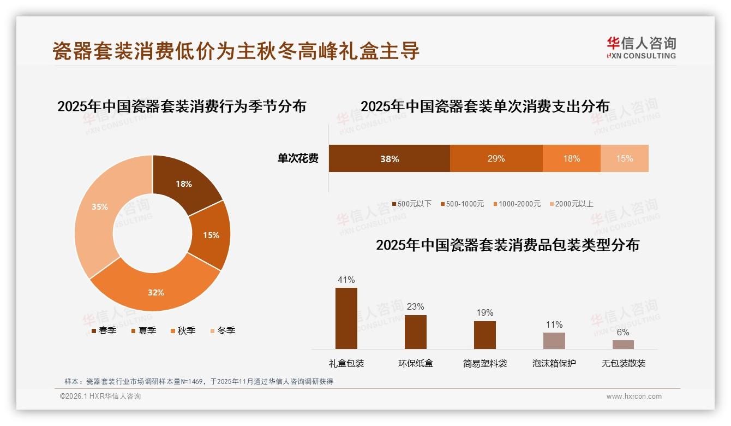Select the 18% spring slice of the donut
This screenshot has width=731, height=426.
click(184, 184)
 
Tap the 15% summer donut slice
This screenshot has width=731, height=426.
click(211, 235)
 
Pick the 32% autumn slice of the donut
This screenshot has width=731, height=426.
click(156, 292)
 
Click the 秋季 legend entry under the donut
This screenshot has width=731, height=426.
click(183, 331)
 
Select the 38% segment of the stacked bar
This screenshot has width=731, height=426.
click(390, 159)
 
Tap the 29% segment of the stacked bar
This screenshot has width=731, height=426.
click(496, 159)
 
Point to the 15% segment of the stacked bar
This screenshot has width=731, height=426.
click(624, 159)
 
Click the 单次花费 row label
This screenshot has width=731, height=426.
click(298, 159)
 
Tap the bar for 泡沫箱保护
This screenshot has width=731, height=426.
click(554, 340)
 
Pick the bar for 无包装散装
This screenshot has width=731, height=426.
click(623, 344)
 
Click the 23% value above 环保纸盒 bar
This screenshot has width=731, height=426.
click(415, 307)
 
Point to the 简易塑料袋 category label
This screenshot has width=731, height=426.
click(485, 363)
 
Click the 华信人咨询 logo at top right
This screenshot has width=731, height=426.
click(641, 48)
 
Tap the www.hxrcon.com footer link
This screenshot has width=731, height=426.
click(634, 397)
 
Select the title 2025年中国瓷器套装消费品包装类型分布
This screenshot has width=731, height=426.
click(507, 245)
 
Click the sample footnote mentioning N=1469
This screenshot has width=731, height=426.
click(199, 381)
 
